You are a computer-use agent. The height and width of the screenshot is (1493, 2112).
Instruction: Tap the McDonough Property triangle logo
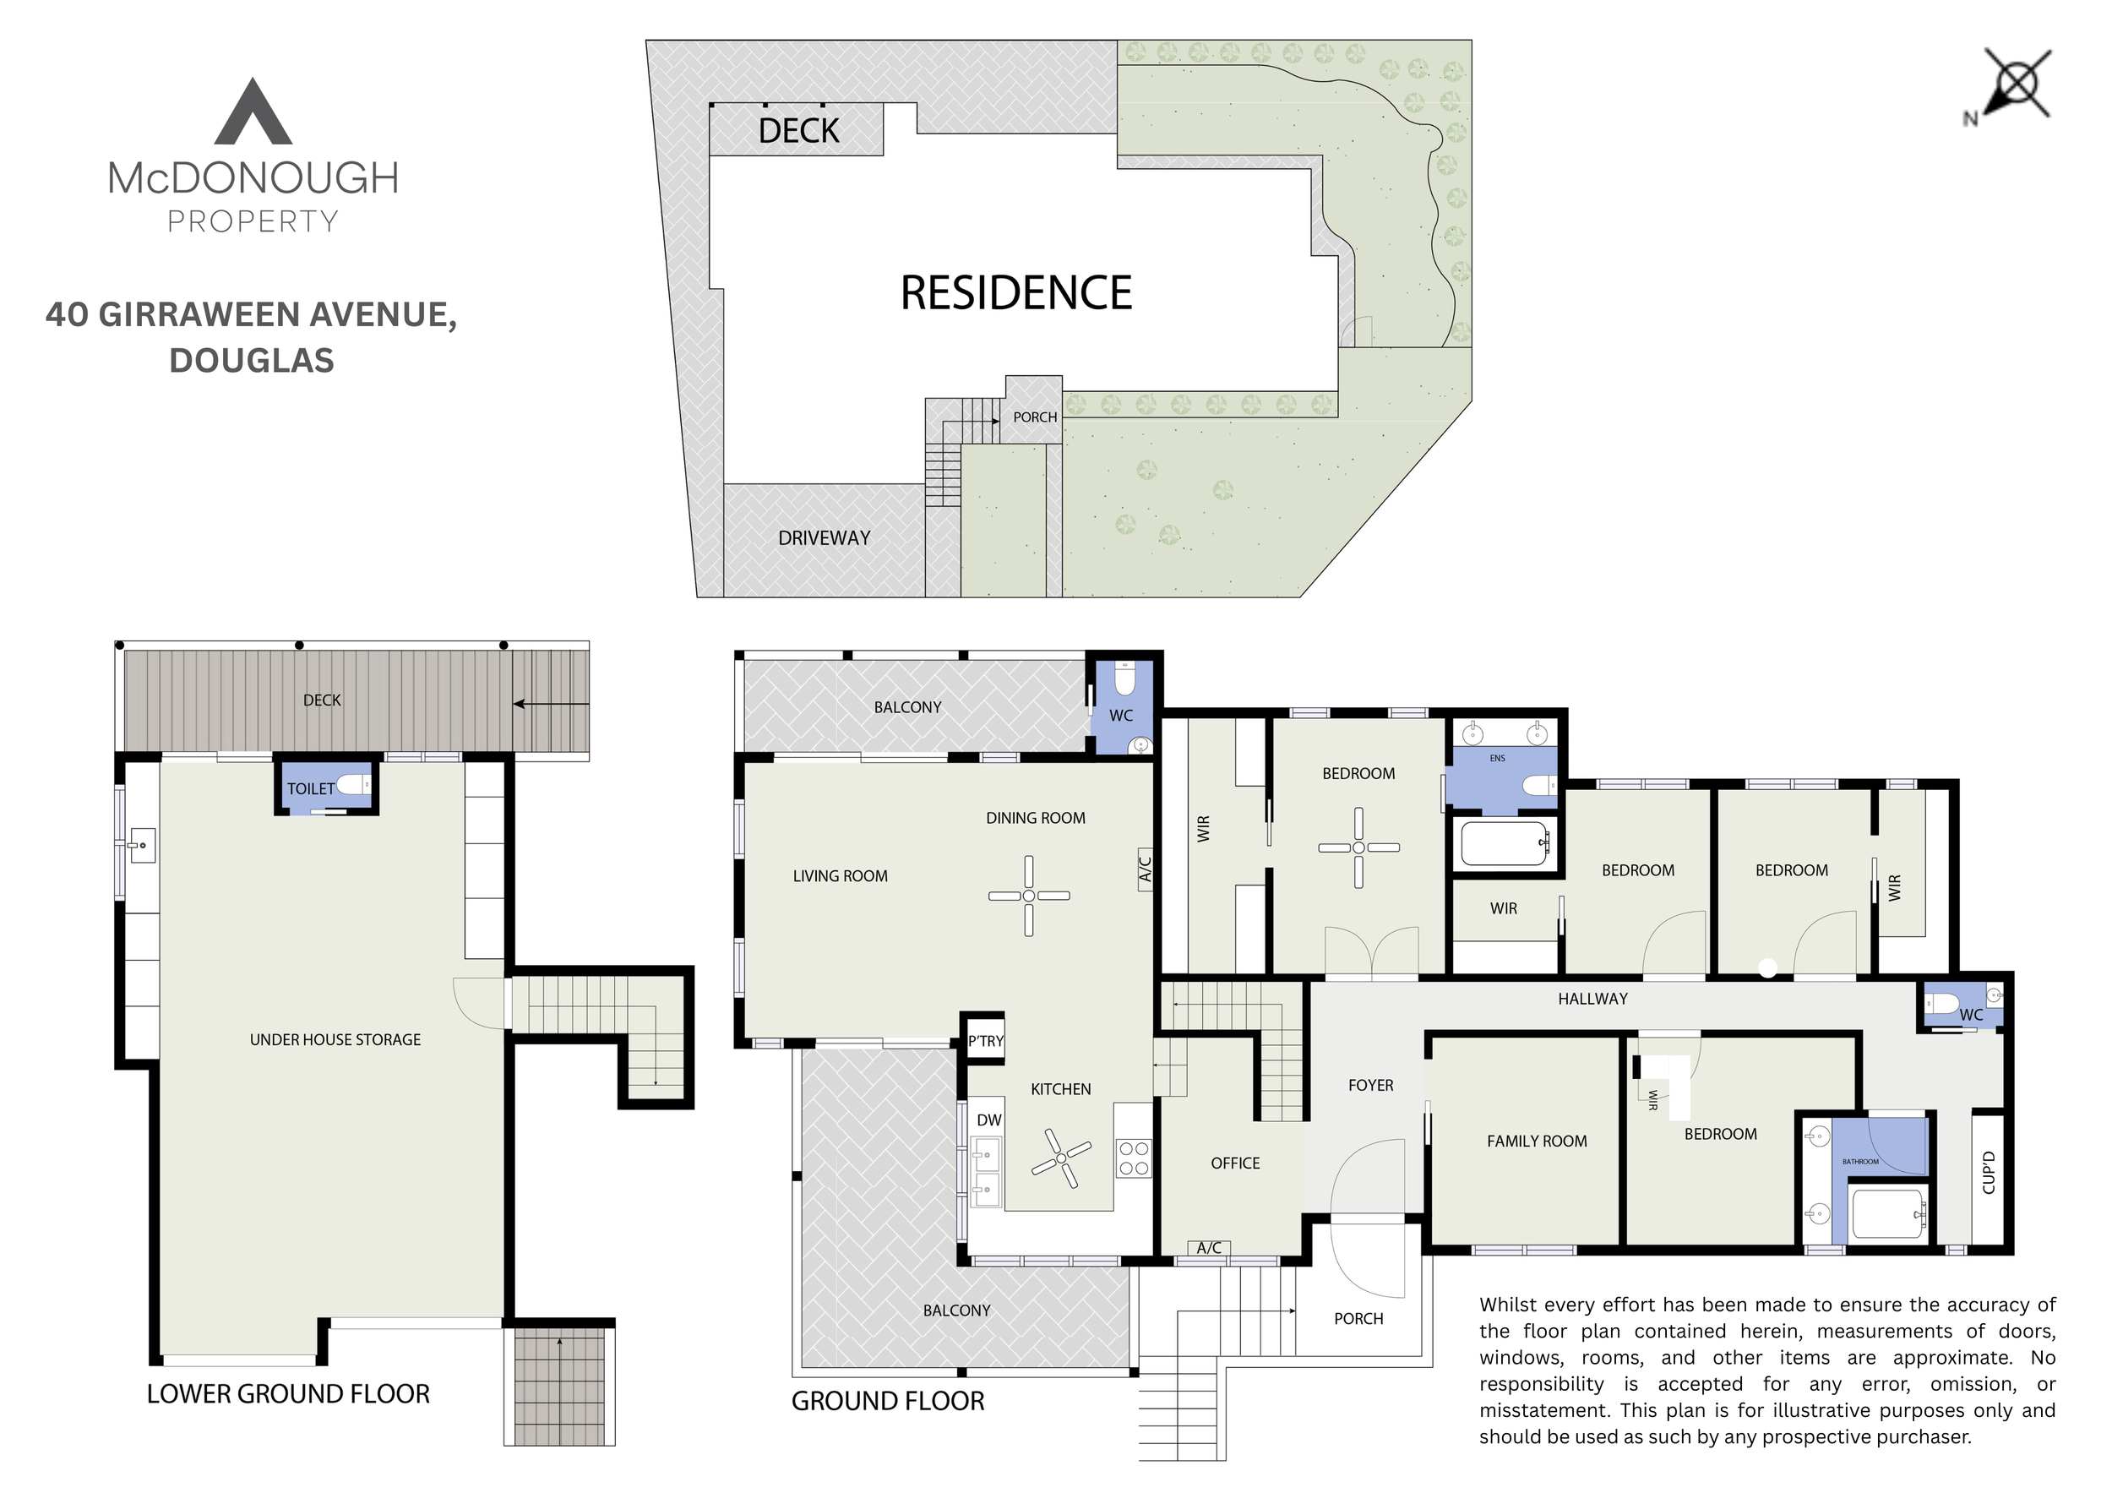[x=253, y=112]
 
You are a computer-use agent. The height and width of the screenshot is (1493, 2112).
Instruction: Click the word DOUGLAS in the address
[x=251, y=360]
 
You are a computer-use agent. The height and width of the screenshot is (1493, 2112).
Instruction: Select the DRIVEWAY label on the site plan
[x=825, y=538]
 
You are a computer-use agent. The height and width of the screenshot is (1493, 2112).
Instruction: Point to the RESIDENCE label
[x=1015, y=292]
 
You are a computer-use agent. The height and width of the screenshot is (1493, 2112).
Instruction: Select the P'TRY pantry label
[x=985, y=1041]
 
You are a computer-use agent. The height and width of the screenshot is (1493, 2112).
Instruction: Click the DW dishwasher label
[x=989, y=1120]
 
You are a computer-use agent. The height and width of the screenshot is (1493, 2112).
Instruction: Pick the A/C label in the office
[x=1209, y=1248]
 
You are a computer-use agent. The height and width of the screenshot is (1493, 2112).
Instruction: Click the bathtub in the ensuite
[x=1505, y=843]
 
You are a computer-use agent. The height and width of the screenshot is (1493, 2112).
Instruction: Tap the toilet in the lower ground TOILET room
[x=353, y=786]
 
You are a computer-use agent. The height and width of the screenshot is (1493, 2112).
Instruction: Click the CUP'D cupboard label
[x=1989, y=1173]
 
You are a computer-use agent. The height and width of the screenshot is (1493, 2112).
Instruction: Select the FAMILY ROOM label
[x=1537, y=1142]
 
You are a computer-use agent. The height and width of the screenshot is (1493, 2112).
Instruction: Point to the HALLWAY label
[x=1592, y=999]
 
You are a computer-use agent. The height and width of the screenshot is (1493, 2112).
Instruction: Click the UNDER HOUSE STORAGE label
[x=335, y=1039]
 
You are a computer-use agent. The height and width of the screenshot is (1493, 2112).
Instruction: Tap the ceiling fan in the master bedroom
[x=1358, y=847]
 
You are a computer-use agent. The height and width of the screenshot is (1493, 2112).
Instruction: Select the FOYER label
[x=1370, y=1086]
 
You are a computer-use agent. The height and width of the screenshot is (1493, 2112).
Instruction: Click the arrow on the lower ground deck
[x=550, y=705]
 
